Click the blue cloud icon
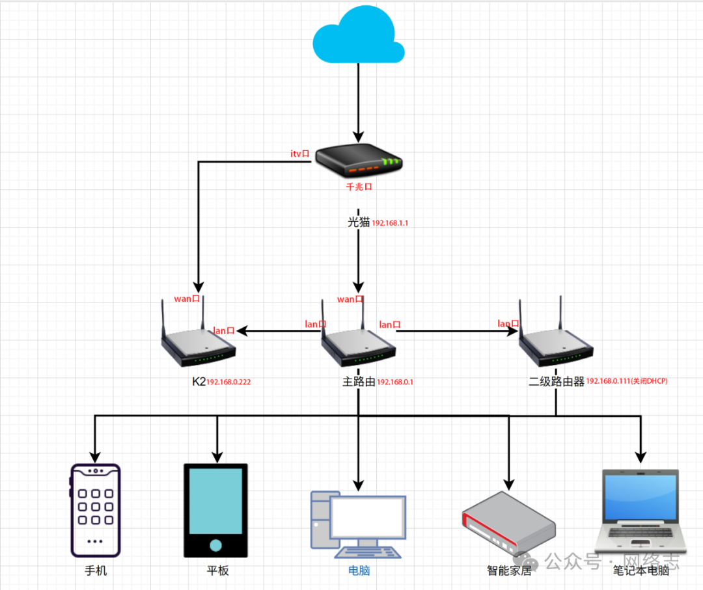click(358, 36)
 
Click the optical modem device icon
click(359, 161)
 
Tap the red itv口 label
click(301, 154)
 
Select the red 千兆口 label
click(358, 186)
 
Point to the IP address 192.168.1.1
click(390, 223)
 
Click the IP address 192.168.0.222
click(228, 382)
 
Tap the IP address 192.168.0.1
click(395, 382)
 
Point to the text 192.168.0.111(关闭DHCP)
click(627, 381)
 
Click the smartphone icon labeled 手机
click(95, 510)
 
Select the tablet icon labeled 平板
click(215, 510)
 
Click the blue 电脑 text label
click(359, 571)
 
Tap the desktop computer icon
click(359, 524)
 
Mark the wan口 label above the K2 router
click(187, 299)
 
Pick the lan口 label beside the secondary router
click(508, 323)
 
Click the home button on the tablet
click(215, 545)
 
